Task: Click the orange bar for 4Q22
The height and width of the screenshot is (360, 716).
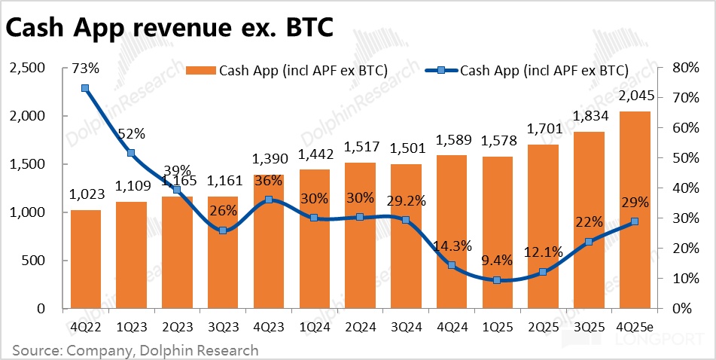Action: pos(85,259)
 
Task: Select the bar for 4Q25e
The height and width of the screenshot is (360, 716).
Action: pos(635,210)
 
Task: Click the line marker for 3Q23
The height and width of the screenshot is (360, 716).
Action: pos(222,230)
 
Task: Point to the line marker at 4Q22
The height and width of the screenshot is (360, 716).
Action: pos(85,88)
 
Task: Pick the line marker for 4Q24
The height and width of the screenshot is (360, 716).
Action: pos(452,265)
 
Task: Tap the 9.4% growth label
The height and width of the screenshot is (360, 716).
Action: pos(497,261)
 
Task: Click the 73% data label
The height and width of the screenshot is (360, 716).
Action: pos(85,69)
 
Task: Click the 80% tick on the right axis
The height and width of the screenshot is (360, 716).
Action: pos(685,69)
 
